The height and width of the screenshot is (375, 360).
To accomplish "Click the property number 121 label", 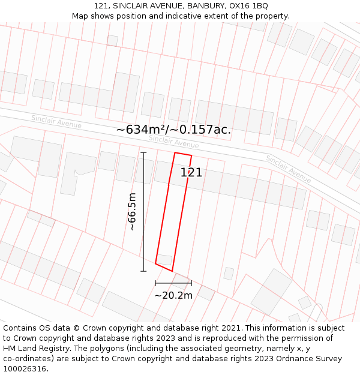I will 191,173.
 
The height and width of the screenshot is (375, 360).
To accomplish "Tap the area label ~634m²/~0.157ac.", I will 173,130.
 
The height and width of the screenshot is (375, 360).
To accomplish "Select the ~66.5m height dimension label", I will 132,211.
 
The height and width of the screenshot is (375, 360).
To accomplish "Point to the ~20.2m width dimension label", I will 173,295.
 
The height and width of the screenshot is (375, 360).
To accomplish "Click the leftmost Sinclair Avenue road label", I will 56,121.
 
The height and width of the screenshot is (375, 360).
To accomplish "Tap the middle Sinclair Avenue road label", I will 173,142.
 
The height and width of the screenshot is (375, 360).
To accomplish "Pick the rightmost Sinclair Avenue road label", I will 289,169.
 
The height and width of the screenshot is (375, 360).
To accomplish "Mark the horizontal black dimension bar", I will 173,283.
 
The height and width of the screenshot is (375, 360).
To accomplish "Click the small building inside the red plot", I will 164,260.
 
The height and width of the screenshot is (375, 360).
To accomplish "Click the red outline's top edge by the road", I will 183,154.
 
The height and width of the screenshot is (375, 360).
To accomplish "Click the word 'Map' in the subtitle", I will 81,16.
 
